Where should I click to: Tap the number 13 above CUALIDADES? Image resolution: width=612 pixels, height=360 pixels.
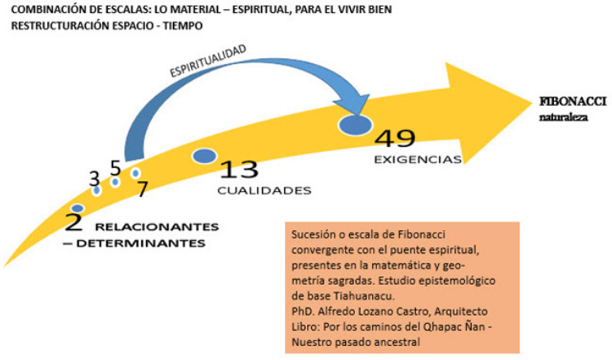(x=240, y=169)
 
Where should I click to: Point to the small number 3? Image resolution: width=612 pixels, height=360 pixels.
(x=94, y=177)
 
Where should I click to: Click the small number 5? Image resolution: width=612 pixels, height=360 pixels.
(x=115, y=168)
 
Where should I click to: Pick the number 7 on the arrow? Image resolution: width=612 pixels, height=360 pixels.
(x=141, y=189)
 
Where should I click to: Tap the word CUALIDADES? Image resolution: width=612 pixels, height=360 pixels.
(x=264, y=191)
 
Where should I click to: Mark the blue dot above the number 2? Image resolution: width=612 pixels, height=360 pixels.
(x=78, y=209)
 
